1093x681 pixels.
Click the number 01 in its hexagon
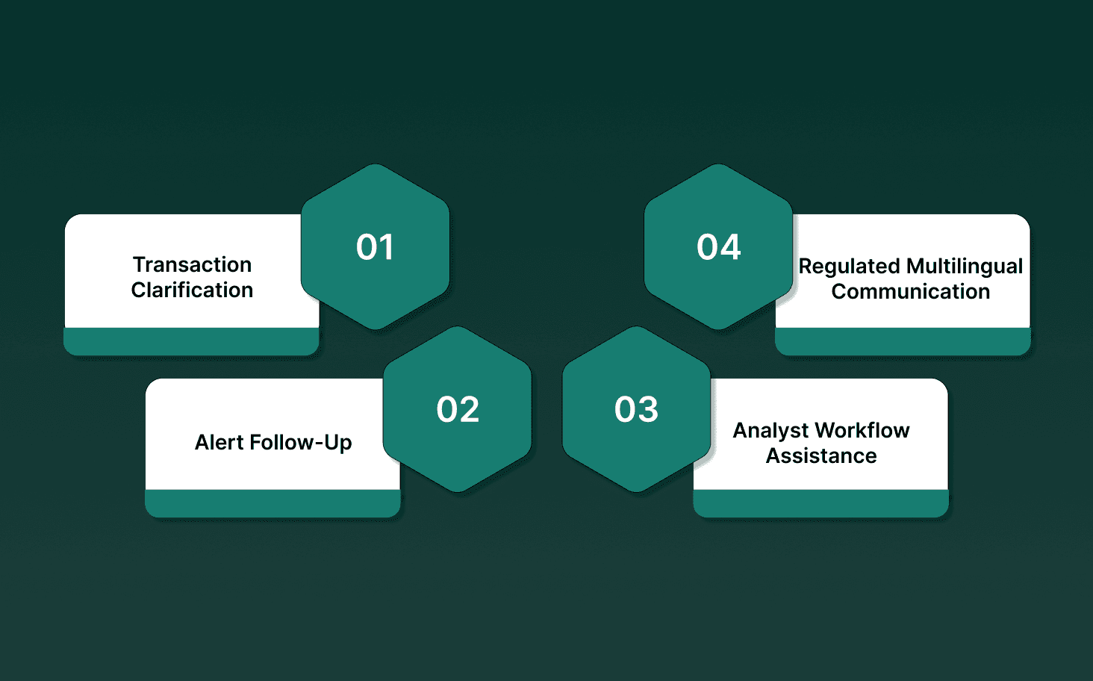(375, 247)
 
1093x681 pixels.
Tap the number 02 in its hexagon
(458, 410)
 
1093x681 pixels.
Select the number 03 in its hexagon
(636, 410)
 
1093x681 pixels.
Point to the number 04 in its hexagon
(718, 247)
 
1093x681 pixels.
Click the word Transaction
(192, 264)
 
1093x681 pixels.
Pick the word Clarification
(192, 290)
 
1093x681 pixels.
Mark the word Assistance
(821, 455)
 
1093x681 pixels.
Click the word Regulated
(849, 267)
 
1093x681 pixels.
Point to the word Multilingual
(965, 267)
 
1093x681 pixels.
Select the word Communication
(910, 291)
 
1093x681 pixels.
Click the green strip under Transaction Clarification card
(191, 341)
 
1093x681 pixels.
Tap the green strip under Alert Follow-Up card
(273, 503)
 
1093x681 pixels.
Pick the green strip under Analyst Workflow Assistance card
(820, 503)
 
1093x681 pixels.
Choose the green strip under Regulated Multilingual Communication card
(903, 341)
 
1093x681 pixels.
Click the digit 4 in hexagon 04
(730, 247)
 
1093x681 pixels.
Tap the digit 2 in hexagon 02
(469, 410)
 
